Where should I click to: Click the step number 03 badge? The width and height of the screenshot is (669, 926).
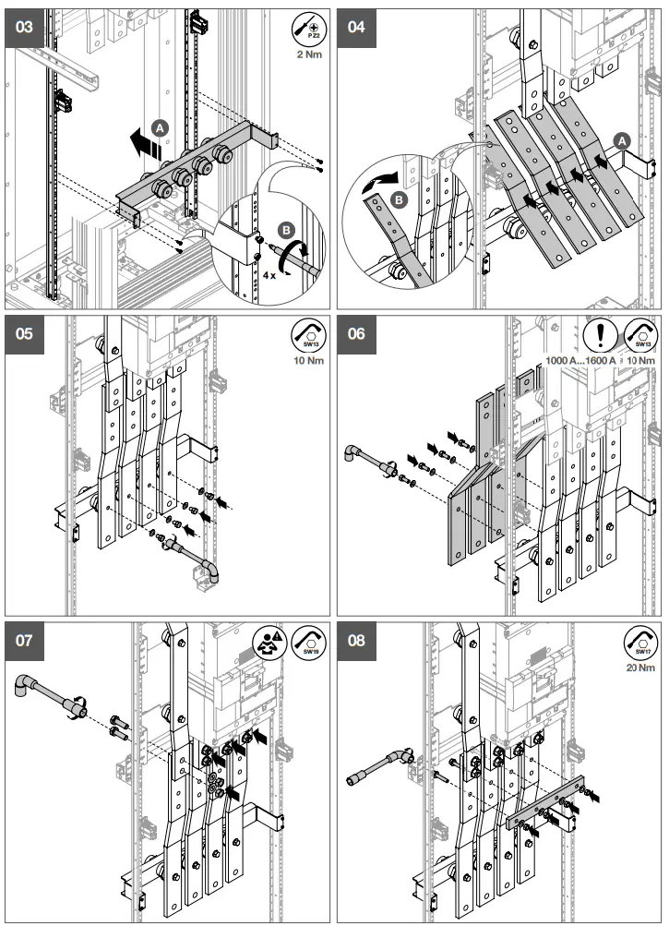click(26, 27)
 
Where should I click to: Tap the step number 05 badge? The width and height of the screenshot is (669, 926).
click(26, 333)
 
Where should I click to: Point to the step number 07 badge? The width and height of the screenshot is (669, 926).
click(26, 641)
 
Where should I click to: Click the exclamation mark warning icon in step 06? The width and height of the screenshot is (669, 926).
click(600, 333)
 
